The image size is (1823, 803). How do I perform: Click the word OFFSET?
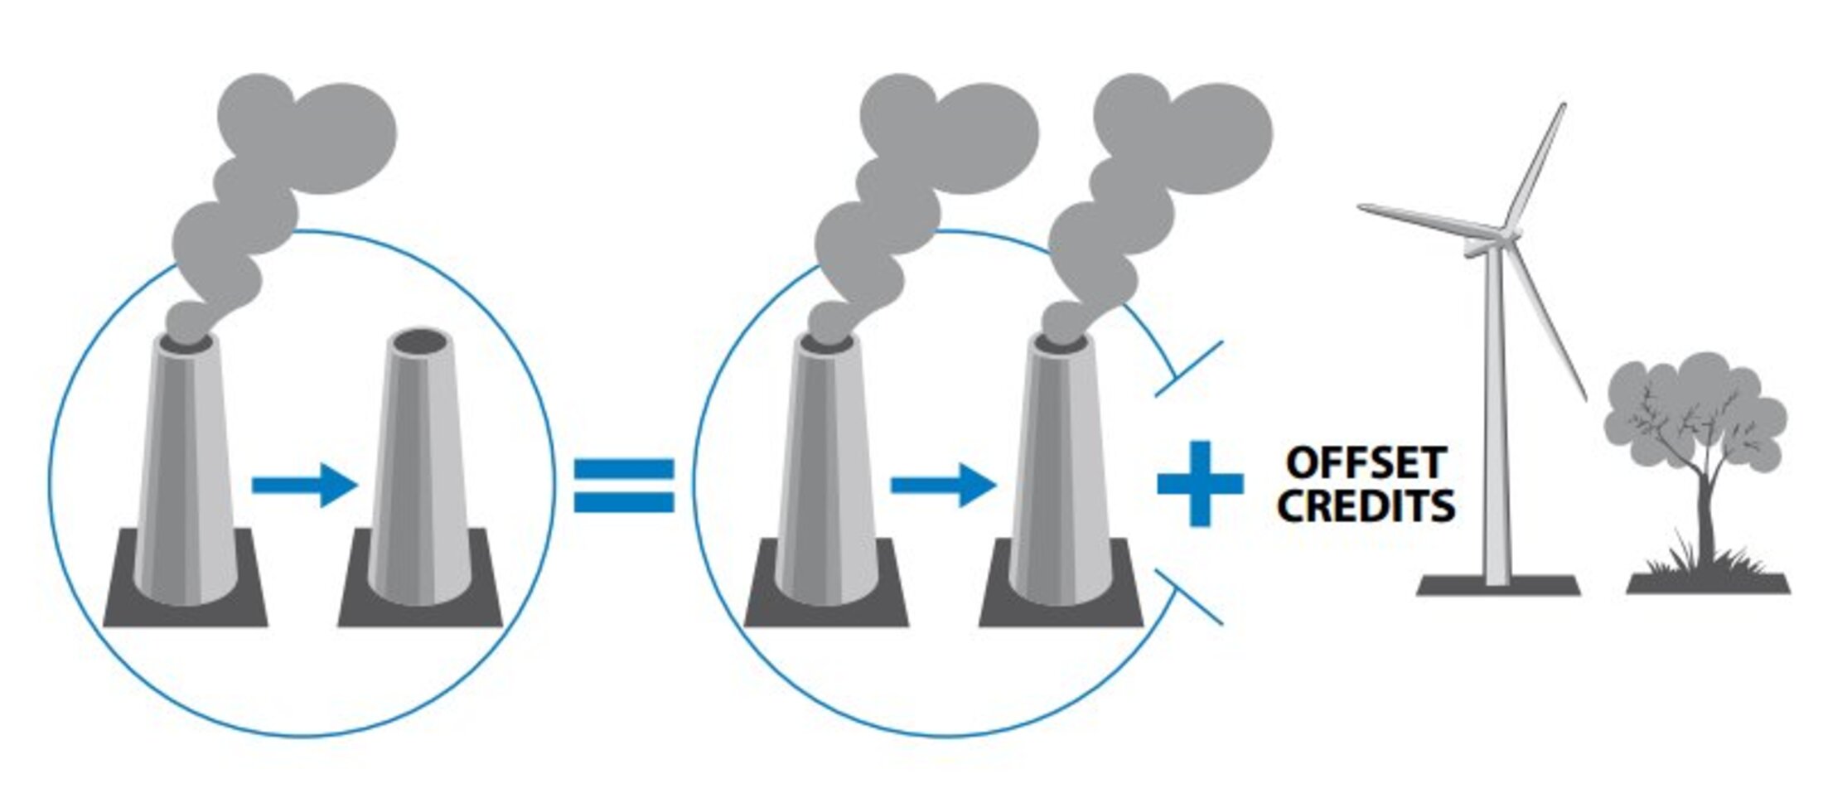point(1366,463)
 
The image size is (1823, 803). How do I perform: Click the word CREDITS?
point(1366,506)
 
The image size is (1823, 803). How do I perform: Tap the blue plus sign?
point(1200,484)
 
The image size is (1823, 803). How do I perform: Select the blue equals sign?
point(624,486)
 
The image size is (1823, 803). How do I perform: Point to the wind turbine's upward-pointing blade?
point(1535,166)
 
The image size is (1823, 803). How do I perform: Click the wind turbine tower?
point(1497,414)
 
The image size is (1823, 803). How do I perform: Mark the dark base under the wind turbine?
point(1498,587)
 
